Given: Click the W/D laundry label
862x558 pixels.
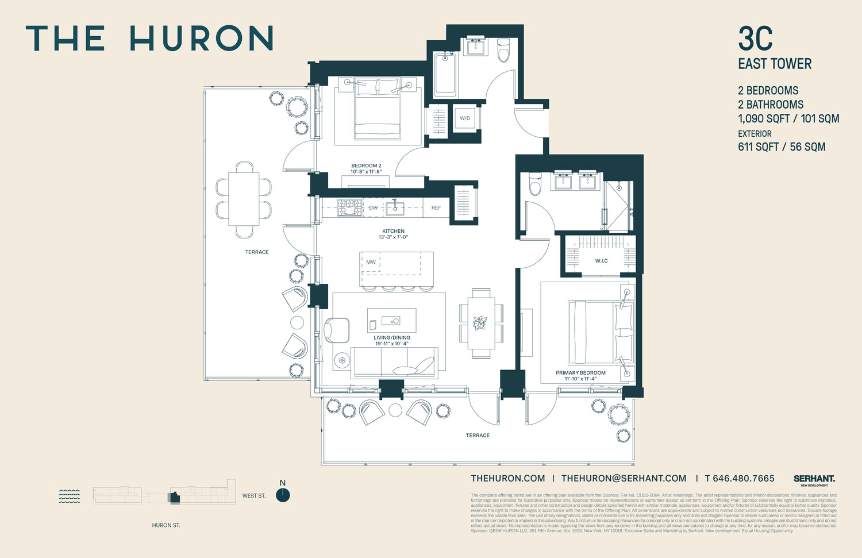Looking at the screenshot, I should click(465, 118).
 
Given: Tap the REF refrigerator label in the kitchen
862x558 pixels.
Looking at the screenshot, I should click(436, 207).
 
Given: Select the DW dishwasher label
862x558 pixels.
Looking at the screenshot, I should click(374, 207).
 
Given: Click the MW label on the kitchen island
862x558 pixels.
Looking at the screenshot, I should click(371, 262).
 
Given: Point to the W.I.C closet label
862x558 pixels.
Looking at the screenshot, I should click(601, 261).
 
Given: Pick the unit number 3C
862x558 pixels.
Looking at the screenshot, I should click(755, 39).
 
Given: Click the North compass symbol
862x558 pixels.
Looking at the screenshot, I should click(283, 495).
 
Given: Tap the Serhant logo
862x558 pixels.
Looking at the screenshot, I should click(814, 479).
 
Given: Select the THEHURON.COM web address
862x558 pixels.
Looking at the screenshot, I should click(508, 478).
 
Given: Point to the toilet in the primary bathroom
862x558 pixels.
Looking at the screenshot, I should click(535, 183).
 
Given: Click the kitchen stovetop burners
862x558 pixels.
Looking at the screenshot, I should click(349, 207).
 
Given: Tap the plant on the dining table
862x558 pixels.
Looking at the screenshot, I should click(480, 323).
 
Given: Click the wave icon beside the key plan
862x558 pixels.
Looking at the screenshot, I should click(70, 496).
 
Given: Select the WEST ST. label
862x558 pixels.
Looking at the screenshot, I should click(254, 495).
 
